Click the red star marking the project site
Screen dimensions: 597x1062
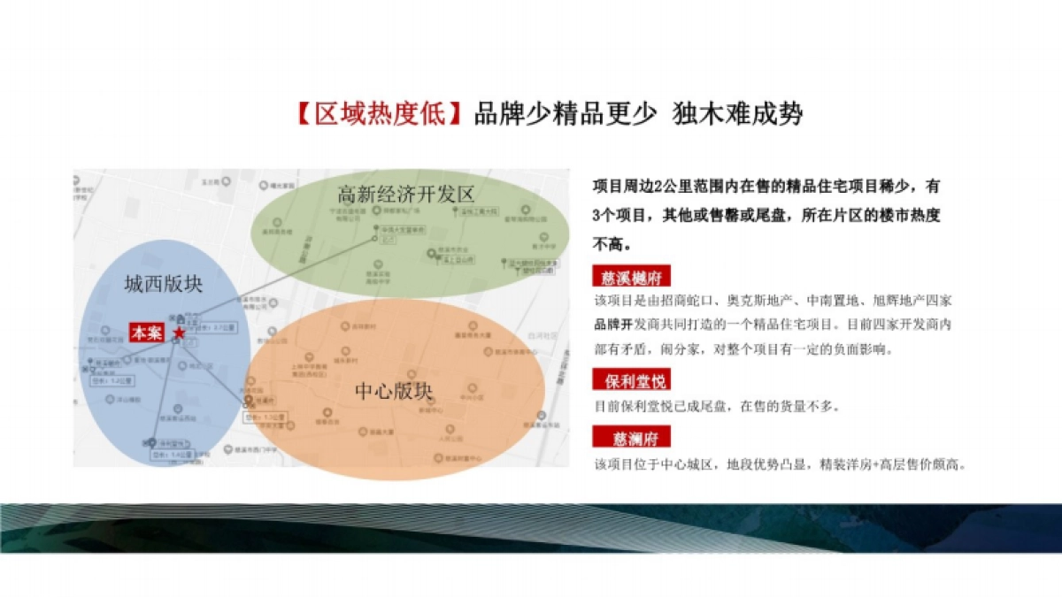[x=180, y=333]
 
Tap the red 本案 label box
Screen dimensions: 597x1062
[x=146, y=333]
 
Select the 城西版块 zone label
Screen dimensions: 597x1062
[x=164, y=284]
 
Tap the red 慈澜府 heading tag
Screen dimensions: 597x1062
[x=631, y=438]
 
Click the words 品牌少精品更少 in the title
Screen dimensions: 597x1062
[x=566, y=115]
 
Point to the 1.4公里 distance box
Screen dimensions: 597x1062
[x=172, y=454]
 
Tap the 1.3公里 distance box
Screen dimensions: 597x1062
[x=266, y=416]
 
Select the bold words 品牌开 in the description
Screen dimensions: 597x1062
[x=614, y=325]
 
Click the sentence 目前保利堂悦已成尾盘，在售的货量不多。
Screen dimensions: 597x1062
[x=717, y=407]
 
